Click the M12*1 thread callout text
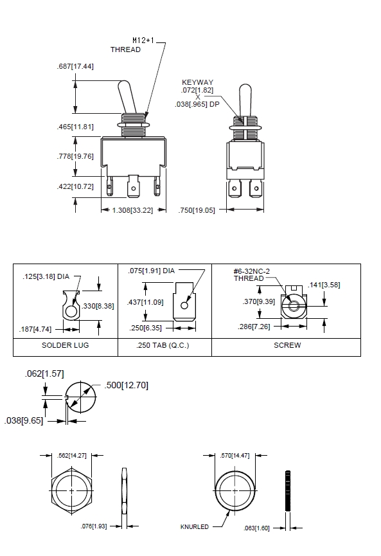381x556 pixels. (x=143, y=40)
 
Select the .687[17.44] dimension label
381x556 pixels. (x=75, y=66)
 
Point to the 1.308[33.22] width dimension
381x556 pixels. (x=132, y=210)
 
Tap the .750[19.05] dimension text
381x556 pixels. (x=197, y=210)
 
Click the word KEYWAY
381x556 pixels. (x=197, y=82)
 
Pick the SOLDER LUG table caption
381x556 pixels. (x=65, y=345)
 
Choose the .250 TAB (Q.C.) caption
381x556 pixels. (x=163, y=345)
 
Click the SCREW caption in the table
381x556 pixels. (x=287, y=345)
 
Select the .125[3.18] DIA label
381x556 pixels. (x=46, y=276)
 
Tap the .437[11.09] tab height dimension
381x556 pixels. (x=145, y=302)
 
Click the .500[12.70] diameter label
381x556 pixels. (x=126, y=385)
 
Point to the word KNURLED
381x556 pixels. (x=195, y=527)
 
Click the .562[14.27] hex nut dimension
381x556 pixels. (x=71, y=456)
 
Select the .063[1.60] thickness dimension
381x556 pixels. (x=256, y=528)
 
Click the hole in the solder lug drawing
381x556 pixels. (x=71, y=312)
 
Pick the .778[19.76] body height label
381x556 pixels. (x=75, y=156)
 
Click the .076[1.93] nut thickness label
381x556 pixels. (x=94, y=526)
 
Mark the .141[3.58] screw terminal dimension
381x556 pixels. (x=324, y=285)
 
